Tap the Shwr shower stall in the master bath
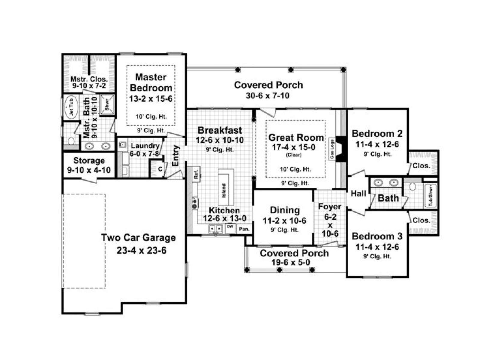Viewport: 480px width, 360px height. [x=107, y=104]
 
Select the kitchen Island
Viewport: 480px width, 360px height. [x=226, y=187]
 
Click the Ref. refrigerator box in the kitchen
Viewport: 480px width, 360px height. [x=196, y=174]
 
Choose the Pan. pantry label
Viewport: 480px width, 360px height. [x=244, y=229]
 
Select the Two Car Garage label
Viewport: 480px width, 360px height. [x=138, y=237]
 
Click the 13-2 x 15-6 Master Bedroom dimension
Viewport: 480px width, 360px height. [x=151, y=99]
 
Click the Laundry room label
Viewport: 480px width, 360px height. [x=145, y=145]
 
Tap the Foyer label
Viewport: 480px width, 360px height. [x=329, y=207]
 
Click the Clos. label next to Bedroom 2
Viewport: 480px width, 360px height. [x=421, y=166]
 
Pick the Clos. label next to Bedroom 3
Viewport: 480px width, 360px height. [x=421, y=220]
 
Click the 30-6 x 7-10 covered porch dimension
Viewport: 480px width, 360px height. [x=267, y=95]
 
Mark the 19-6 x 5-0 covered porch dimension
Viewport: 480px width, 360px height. [x=291, y=262]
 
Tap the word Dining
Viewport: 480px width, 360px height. [x=285, y=210]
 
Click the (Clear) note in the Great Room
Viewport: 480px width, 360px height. [x=293, y=155]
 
